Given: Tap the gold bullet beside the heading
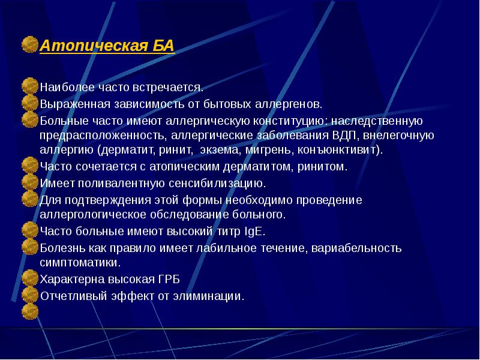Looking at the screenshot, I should (x=29, y=45).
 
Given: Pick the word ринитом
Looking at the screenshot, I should (x=325, y=167).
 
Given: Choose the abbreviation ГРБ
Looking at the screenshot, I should (x=170, y=280).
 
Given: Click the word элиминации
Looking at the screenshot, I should (x=214, y=296).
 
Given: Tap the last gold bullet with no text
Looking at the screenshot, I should (x=29, y=311).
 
